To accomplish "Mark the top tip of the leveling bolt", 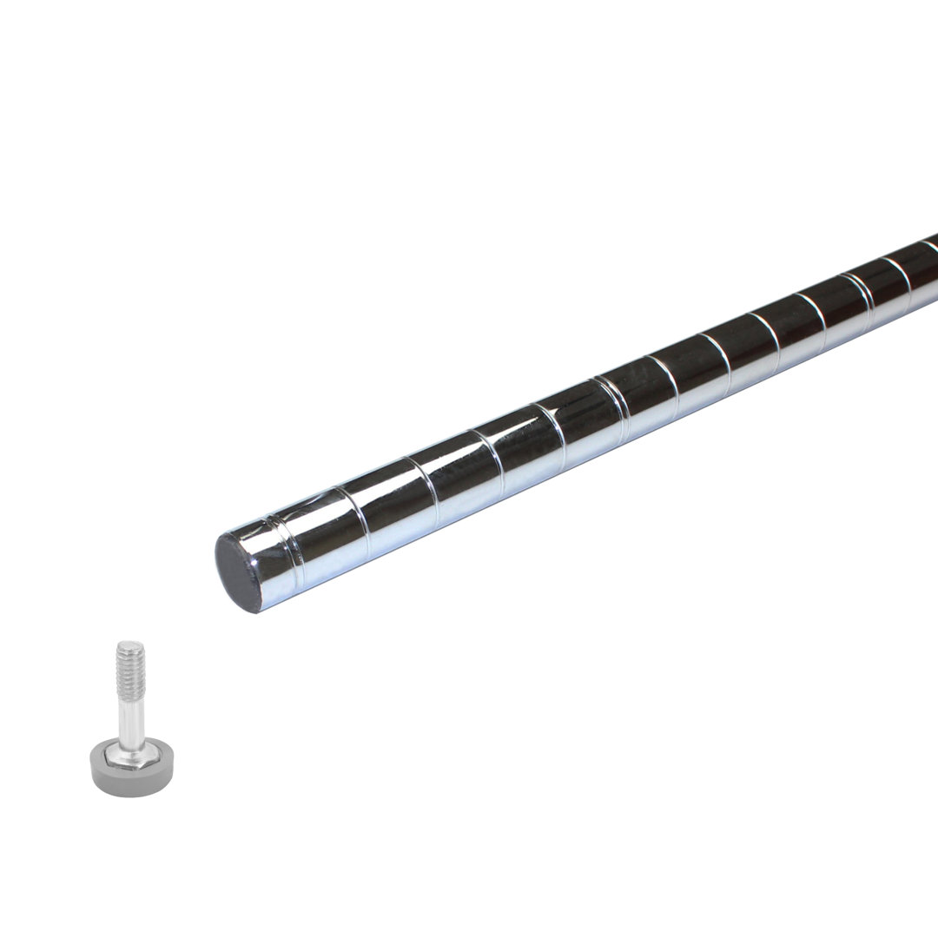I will [x=129, y=644].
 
